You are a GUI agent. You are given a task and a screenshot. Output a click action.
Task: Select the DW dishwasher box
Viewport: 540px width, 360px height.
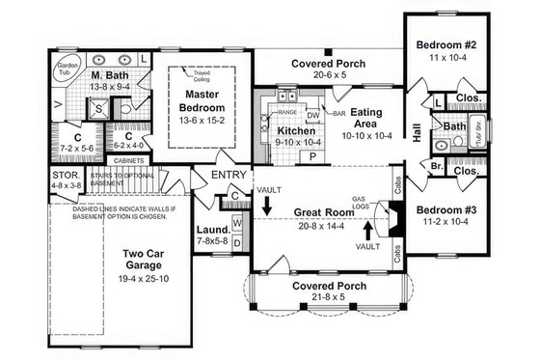(312, 113)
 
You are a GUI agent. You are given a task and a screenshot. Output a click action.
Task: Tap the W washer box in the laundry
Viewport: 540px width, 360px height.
(237, 221)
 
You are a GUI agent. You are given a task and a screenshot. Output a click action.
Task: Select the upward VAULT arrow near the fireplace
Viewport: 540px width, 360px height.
(367, 232)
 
